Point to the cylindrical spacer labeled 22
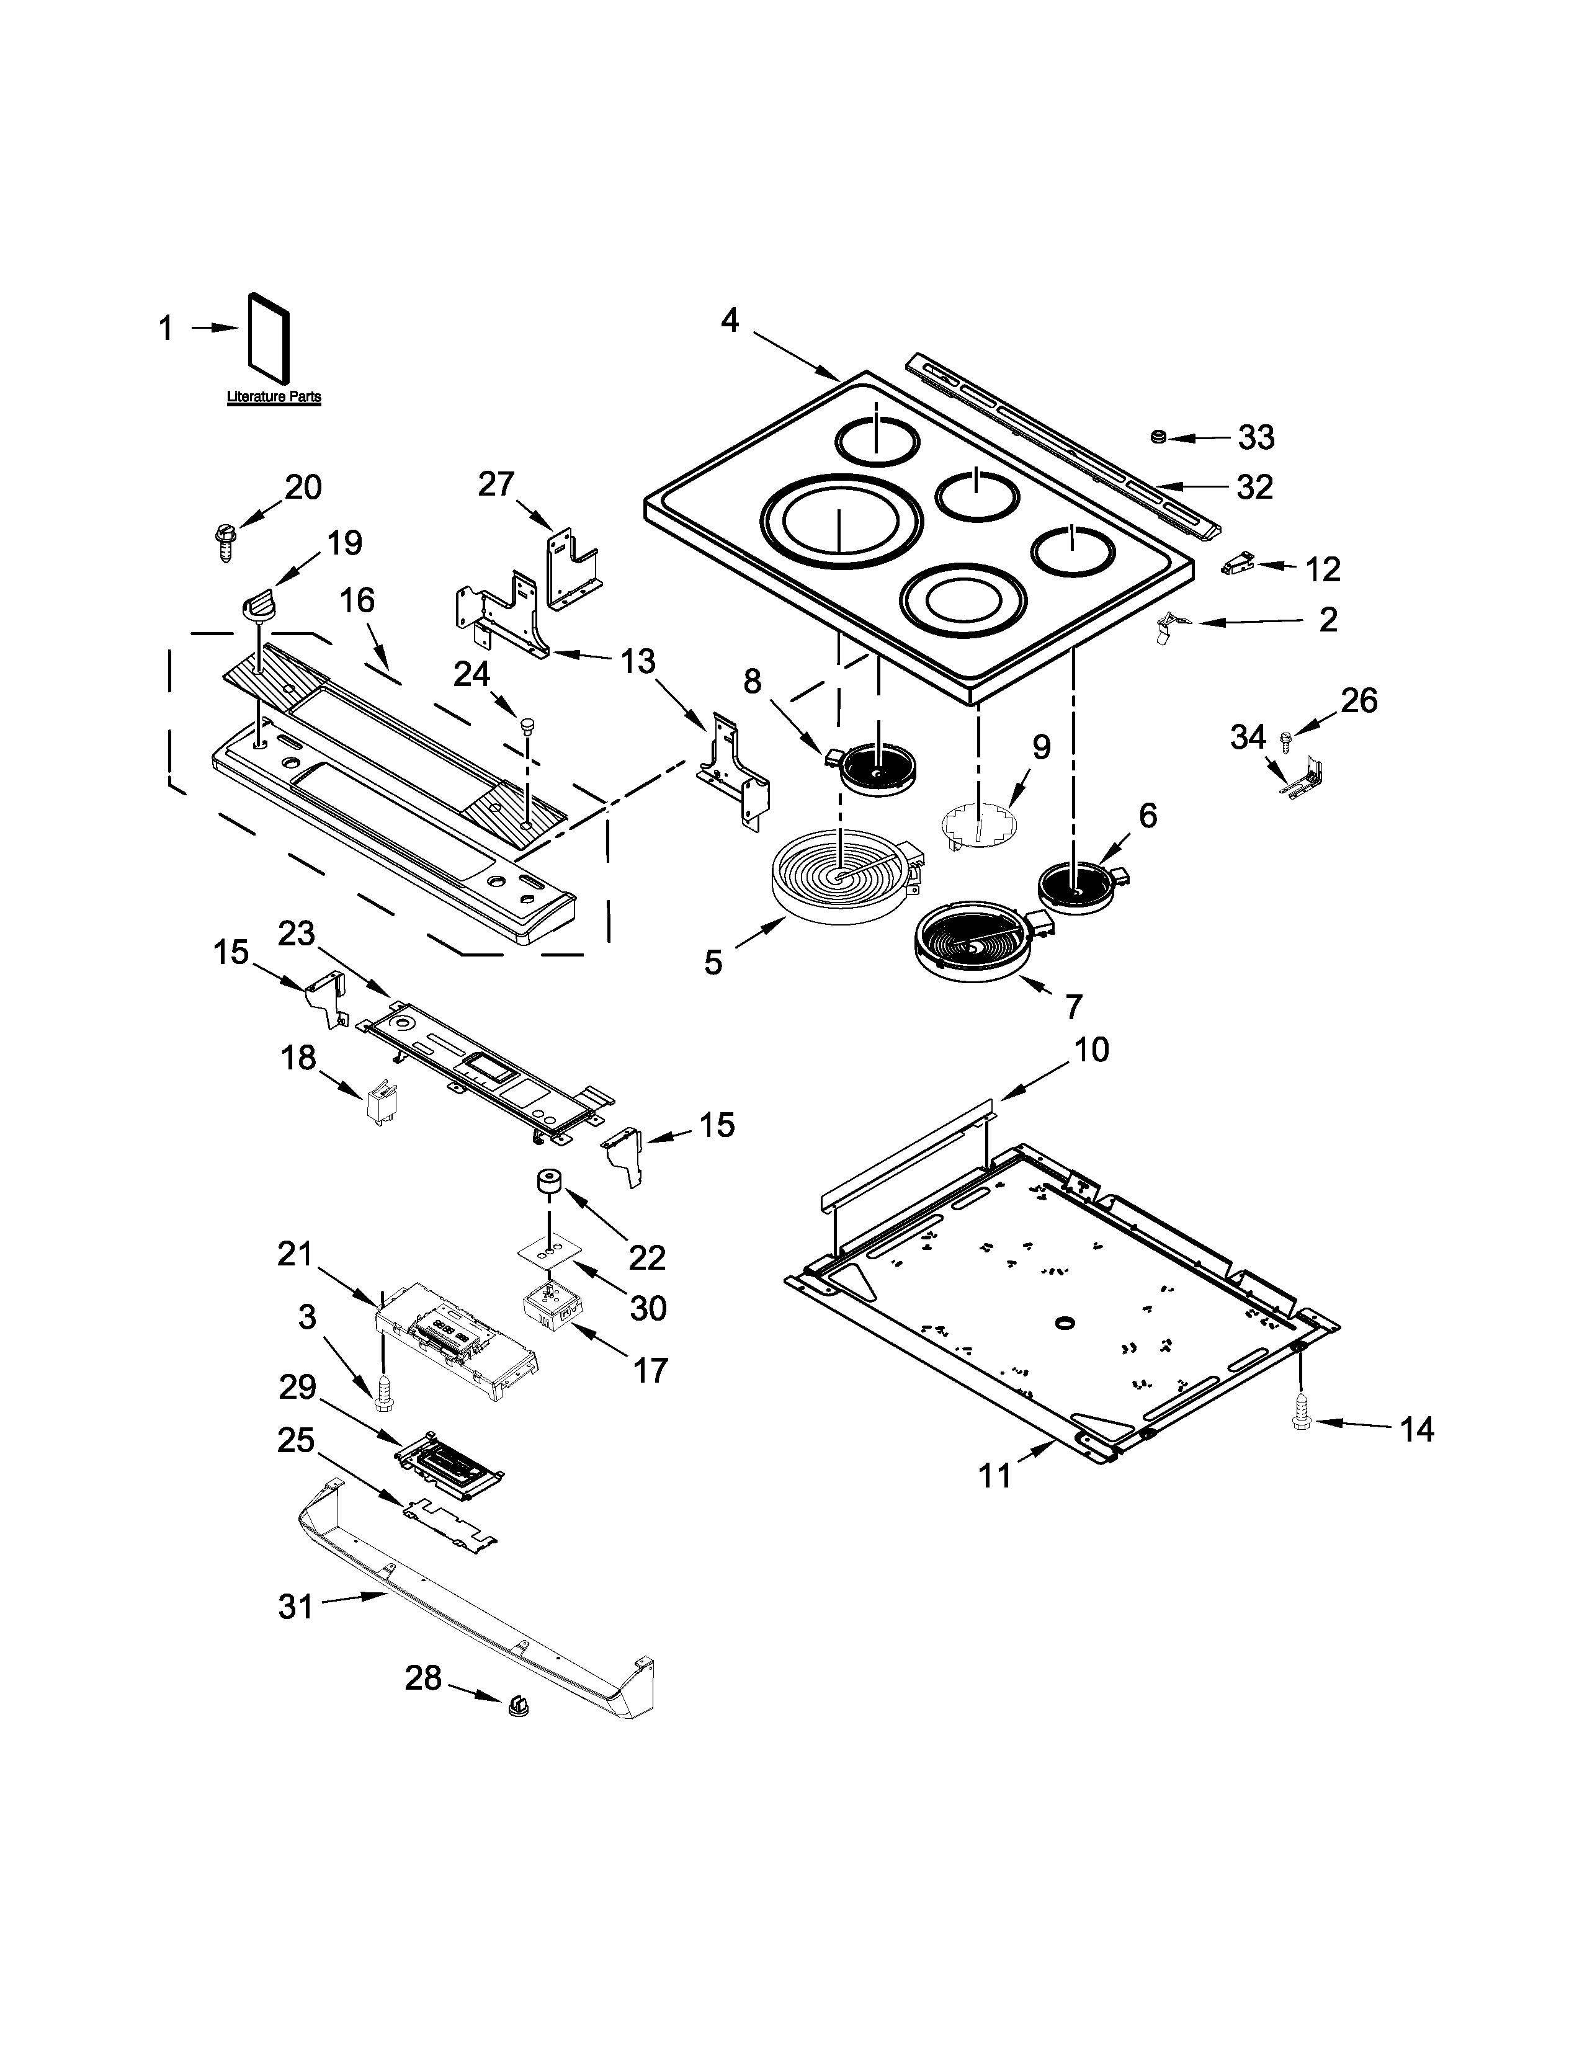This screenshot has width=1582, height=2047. (547, 1183)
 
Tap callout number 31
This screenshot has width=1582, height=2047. (295, 1607)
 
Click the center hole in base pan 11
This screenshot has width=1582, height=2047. (1064, 1321)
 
